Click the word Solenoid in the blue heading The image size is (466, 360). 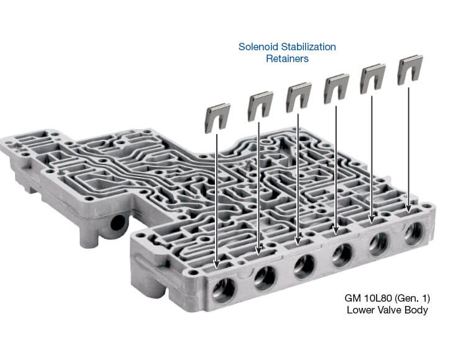[258, 47]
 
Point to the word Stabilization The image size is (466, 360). [308, 47]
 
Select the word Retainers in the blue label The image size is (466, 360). [287, 58]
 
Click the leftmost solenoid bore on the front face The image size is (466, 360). [223, 290]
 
